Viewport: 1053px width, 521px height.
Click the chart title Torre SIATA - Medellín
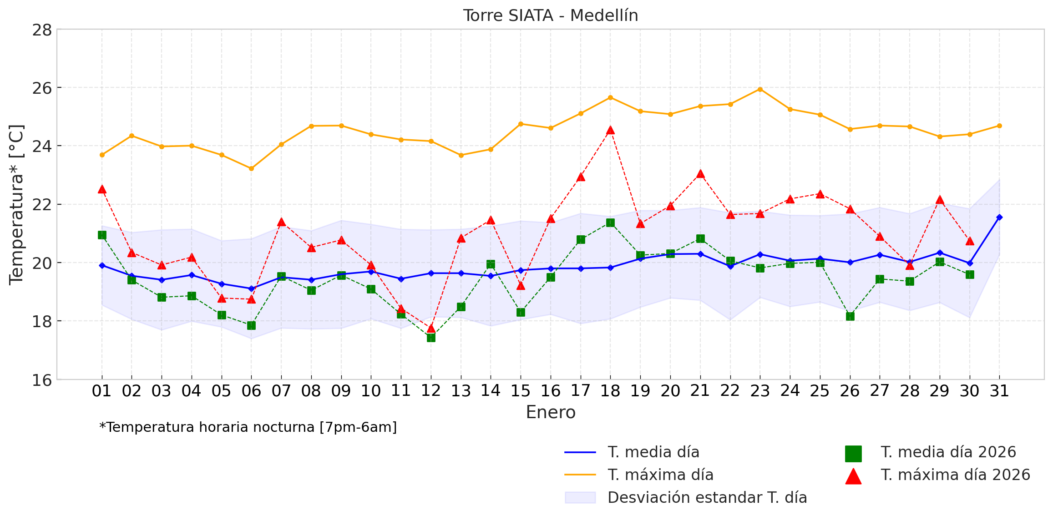551,15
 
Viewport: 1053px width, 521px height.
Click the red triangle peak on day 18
610,131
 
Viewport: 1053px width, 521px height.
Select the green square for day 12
431,338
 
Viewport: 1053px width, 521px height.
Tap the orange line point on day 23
760,89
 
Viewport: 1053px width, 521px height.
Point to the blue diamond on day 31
999,218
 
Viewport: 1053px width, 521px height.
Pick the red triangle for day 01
102,190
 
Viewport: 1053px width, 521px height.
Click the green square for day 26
850,316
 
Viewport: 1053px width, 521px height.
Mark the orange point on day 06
251,168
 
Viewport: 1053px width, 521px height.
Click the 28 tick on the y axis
42,30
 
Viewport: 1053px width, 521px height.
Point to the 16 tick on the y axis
42,380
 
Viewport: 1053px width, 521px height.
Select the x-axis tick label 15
521,391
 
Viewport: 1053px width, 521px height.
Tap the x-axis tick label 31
999,391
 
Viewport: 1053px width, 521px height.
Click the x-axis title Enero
551,412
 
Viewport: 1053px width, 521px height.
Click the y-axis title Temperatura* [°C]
16,205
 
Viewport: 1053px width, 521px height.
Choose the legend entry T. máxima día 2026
955,475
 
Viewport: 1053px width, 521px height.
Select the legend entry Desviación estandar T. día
707,498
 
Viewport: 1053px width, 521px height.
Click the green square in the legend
853,454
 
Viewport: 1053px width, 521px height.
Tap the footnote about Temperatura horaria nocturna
248,427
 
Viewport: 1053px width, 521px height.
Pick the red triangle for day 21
700,174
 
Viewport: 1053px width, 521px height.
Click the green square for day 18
610,223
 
